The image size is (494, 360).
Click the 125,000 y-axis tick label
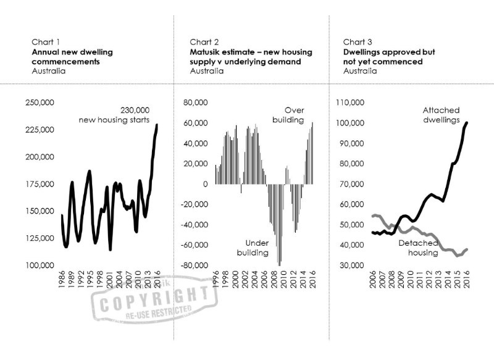(x=40, y=238)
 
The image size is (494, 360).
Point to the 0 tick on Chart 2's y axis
(x=206, y=184)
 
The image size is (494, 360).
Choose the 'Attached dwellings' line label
(x=442, y=115)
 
